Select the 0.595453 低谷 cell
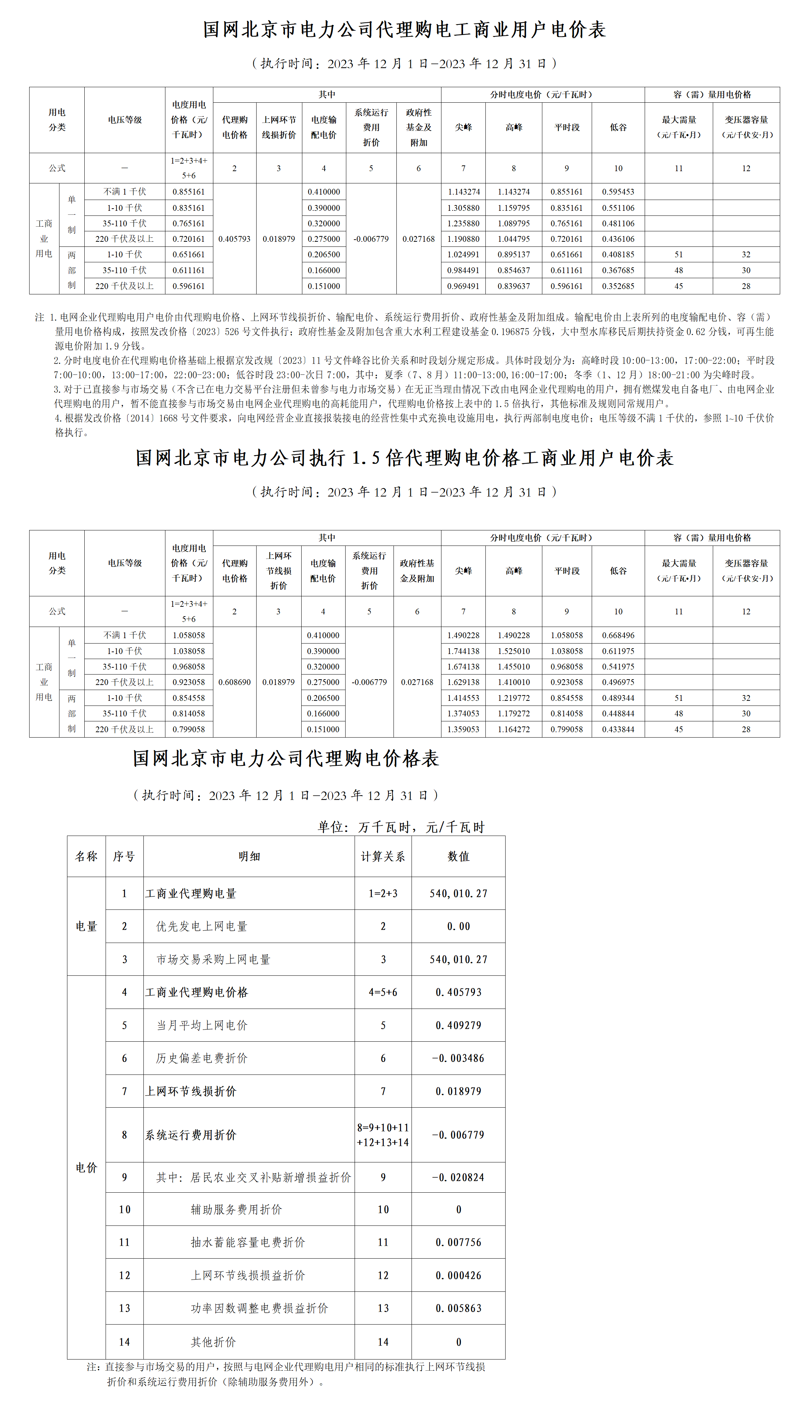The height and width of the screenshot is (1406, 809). tap(618, 192)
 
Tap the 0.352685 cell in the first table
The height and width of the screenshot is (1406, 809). tap(618, 286)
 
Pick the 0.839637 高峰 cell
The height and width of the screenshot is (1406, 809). tap(514, 286)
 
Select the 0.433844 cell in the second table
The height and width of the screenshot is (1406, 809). tap(618, 729)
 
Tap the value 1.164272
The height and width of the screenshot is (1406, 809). tap(514, 729)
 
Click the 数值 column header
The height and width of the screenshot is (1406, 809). tap(458, 856)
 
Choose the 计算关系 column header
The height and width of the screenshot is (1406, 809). tap(383, 856)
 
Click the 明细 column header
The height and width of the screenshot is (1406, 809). tap(249, 856)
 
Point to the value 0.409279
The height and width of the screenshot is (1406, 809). tap(458, 1025)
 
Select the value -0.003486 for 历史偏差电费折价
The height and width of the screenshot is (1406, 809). tap(458, 1058)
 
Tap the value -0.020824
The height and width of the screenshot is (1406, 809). tap(458, 1177)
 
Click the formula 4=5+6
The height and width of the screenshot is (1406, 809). tap(383, 992)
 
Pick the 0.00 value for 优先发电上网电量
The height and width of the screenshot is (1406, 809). tap(458, 926)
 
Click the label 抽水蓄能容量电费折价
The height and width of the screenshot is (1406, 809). tap(248, 1242)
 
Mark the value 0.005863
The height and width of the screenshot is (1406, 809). tap(458, 1308)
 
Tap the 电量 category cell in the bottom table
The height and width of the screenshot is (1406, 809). tap(86, 926)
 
